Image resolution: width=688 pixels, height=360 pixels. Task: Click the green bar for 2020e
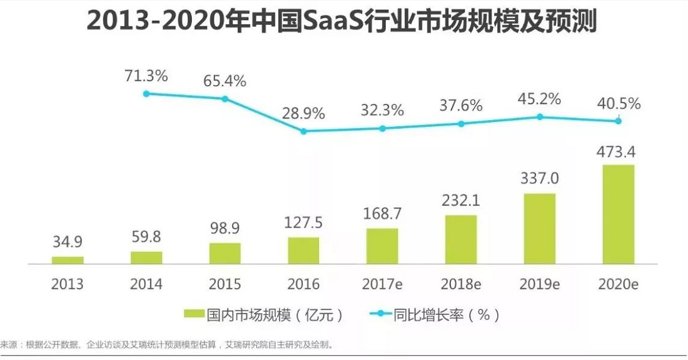619,214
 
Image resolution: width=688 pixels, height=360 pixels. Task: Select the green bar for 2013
68,260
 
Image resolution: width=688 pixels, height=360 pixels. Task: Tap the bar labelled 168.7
382,246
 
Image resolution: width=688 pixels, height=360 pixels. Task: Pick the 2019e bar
539,228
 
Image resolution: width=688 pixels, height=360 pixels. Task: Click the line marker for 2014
146,94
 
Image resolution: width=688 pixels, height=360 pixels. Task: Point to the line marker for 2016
303,131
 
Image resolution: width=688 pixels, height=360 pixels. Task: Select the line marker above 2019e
539,117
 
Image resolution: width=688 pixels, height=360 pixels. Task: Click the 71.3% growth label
146,77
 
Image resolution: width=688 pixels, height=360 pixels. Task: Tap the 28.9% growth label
303,114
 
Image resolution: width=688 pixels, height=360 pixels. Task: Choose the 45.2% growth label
539,99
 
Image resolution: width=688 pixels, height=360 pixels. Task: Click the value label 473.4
619,151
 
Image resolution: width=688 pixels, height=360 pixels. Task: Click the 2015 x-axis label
225,284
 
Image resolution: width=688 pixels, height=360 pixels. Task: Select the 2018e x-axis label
461,284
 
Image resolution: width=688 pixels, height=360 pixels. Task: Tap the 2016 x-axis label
303,284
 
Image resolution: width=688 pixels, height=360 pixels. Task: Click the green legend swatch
195,314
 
